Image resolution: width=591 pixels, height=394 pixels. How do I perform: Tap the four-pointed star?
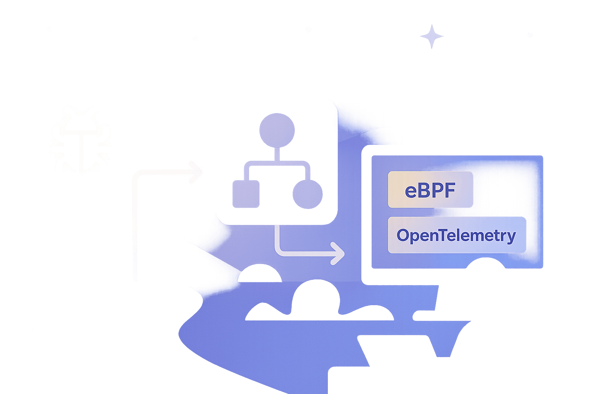(x=431, y=37)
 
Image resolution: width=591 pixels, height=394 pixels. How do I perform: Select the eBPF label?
(x=430, y=190)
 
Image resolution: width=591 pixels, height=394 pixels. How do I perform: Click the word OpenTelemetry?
(x=456, y=235)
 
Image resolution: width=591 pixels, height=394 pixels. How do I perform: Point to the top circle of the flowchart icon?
(x=277, y=130)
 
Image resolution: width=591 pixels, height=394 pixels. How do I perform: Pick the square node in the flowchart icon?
(x=246, y=194)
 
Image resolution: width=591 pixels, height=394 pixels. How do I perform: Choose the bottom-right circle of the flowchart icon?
(x=307, y=194)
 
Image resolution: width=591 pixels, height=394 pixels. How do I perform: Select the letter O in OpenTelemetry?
(x=403, y=235)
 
